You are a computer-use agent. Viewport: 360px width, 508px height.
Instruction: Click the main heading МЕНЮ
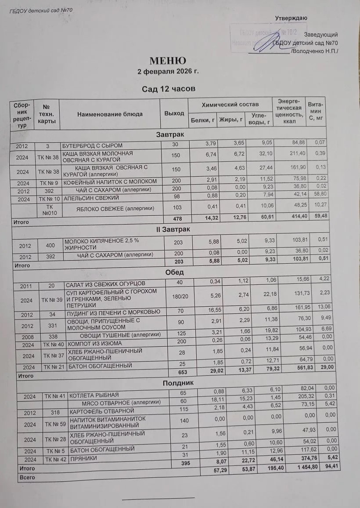[168, 61]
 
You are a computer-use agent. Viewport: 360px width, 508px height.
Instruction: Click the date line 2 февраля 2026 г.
[168, 71]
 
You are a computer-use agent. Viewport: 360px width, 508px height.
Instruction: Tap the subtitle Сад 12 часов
[168, 89]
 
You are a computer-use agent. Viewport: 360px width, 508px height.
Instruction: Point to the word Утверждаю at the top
[291, 18]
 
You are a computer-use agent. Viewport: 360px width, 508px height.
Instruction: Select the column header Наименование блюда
[110, 114]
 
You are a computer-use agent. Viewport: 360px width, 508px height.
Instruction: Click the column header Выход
[174, 113]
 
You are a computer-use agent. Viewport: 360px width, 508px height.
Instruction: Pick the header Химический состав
[230, 105]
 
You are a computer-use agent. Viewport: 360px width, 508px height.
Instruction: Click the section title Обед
[174, 272]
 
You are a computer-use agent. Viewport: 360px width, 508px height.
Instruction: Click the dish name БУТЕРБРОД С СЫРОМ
[92, 145]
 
